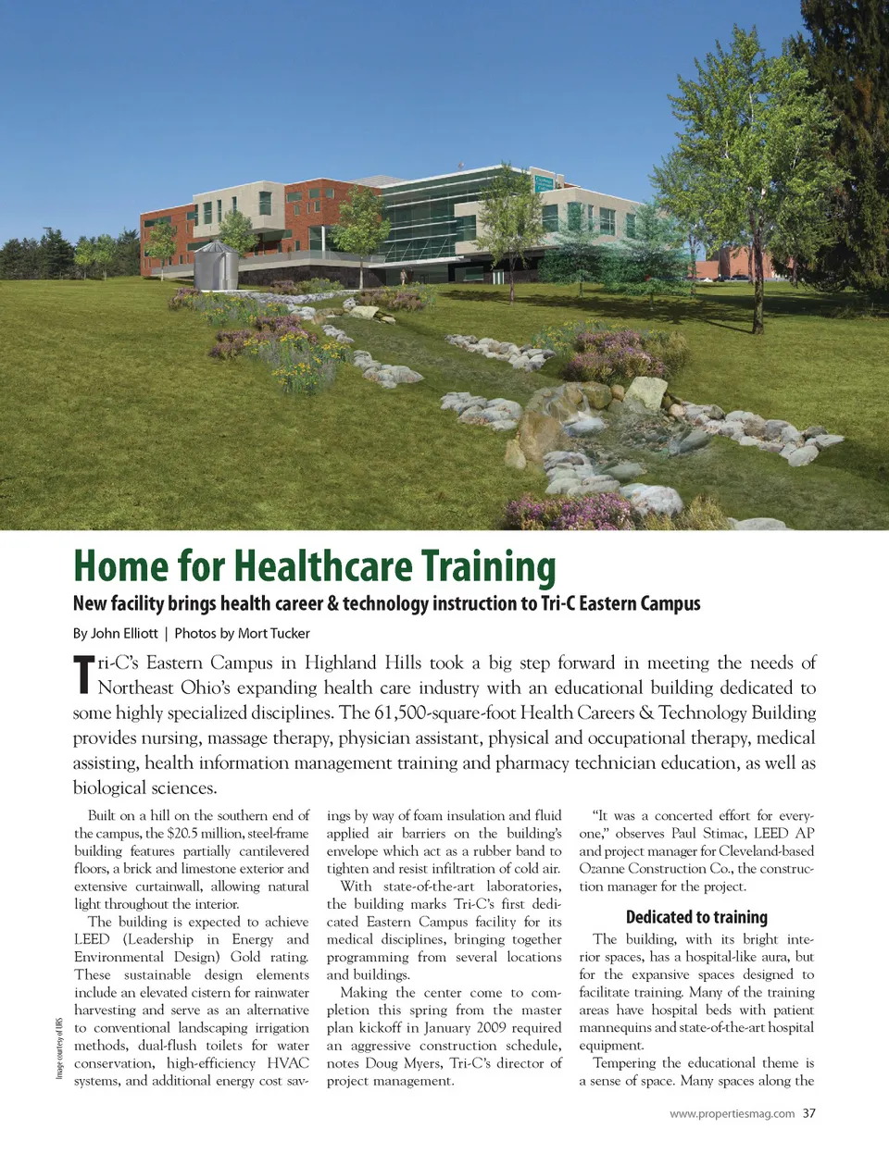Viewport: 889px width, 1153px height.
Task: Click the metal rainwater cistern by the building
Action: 215,265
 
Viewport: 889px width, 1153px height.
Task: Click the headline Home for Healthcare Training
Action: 314,567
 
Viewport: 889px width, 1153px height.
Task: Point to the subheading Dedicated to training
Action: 696,917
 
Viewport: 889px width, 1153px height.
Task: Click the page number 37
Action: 809,1113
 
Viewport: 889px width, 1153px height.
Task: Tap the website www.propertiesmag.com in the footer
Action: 732,1113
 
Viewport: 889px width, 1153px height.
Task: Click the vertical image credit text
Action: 59,1048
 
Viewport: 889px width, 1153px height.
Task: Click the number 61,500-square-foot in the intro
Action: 444,713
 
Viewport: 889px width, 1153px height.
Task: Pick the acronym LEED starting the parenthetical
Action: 92,939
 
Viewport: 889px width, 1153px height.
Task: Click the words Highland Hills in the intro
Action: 362,663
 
